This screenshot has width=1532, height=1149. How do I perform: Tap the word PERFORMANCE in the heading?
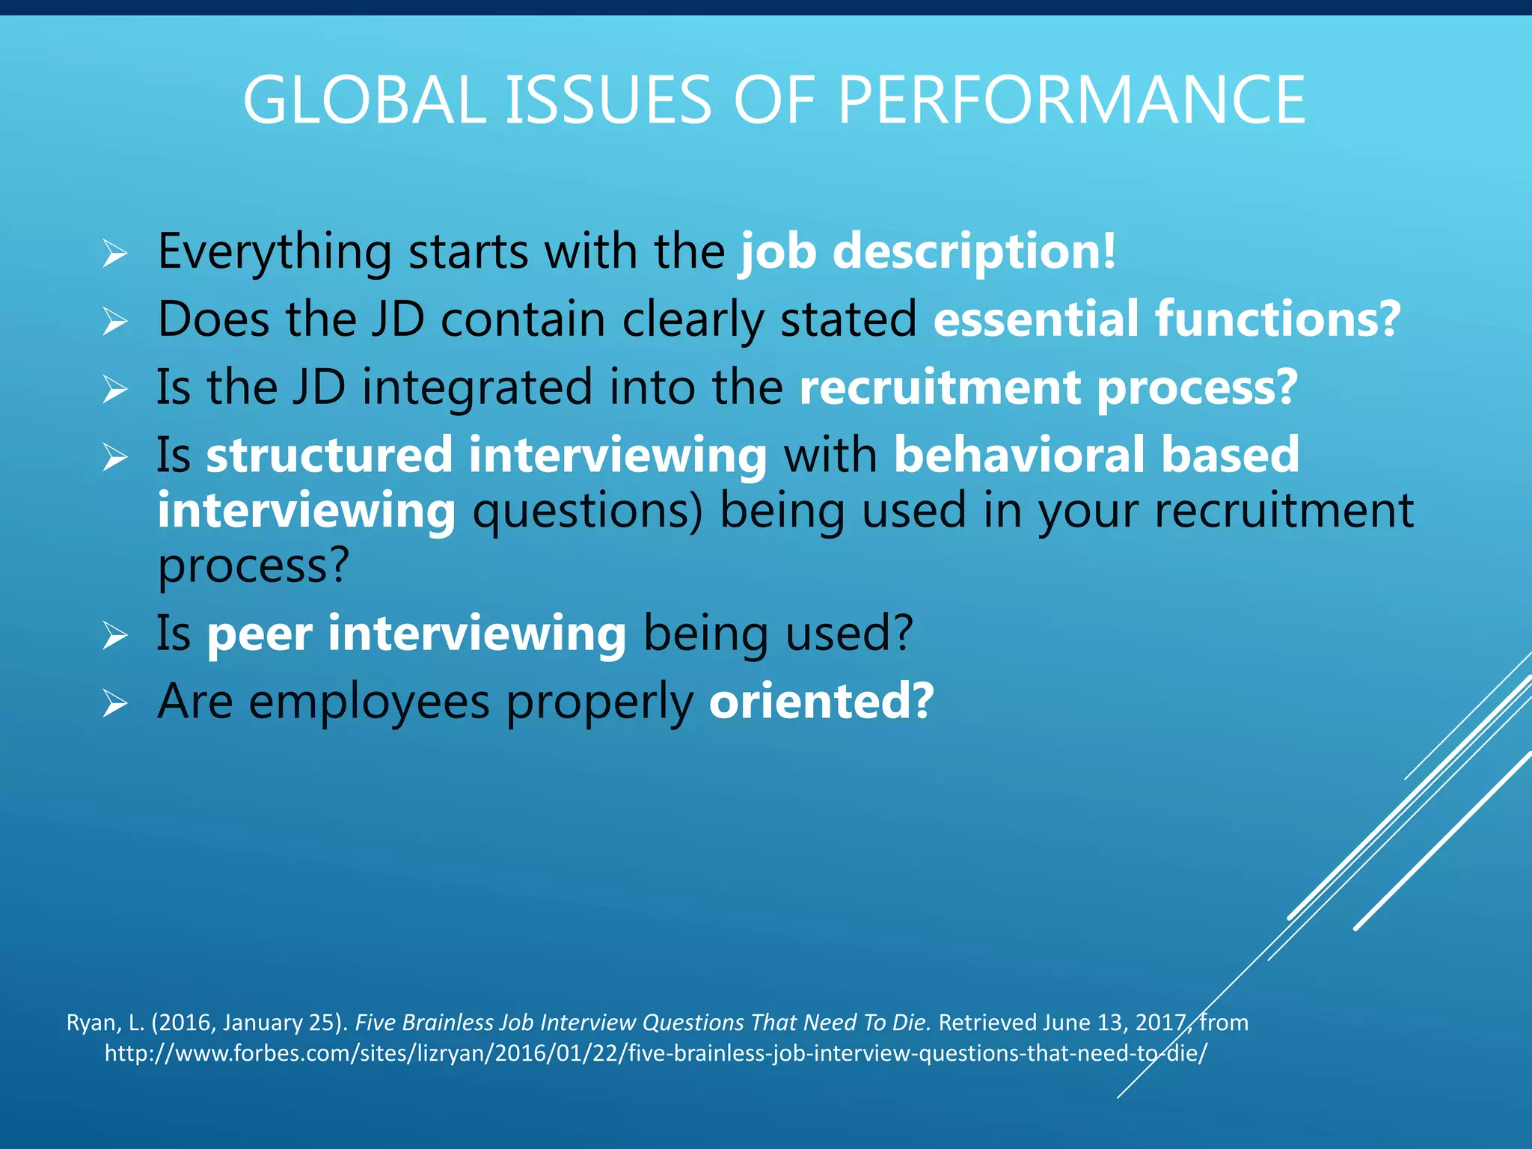[1071, 100]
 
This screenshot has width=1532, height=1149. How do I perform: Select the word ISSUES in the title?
[609, 100]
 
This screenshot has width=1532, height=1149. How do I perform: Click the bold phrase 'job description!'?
[928, 251]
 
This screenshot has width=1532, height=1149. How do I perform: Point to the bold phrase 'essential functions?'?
[1166, 319]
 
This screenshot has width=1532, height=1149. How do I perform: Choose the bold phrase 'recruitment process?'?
[1048, 387]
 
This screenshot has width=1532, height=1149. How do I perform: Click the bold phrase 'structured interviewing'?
[486, 455]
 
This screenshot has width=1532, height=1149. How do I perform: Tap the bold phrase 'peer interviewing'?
[416, 634]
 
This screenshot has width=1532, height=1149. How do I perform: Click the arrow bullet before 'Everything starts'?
[115, 254]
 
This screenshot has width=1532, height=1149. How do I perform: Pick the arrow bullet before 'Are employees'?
[115, 704]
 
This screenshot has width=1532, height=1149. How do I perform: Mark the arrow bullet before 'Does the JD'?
[115, 322]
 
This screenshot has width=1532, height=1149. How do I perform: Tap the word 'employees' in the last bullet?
[369, 703]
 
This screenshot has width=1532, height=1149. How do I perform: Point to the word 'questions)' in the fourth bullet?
[588, 511]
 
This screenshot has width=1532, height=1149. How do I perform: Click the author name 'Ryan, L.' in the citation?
[105, 1023]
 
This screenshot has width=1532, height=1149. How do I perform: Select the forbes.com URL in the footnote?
[655, 1053]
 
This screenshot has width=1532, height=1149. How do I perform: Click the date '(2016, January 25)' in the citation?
[249, 1023]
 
